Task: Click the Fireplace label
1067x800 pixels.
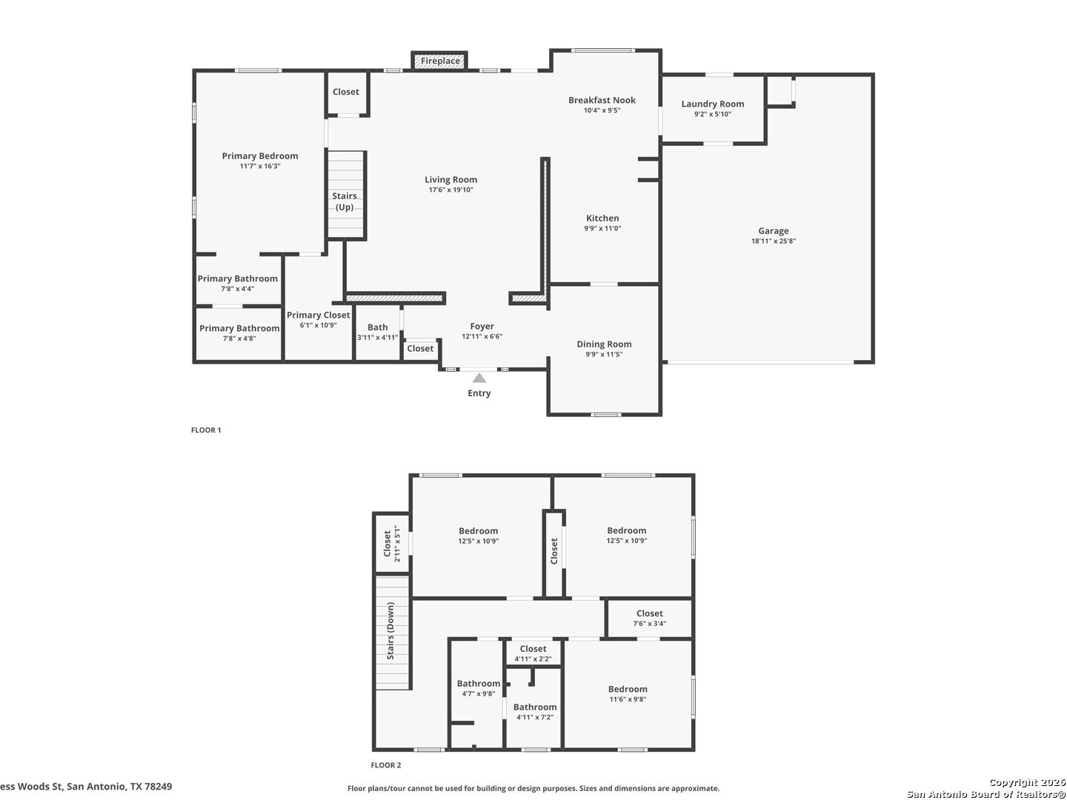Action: click(x=440, y=61)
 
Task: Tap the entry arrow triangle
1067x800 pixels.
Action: click(x=479, y=378)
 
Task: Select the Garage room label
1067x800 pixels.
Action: click(x=773, y=230)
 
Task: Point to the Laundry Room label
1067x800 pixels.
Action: click(x=712, y=104)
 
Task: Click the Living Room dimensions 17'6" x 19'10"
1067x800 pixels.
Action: click(x=451, y=190)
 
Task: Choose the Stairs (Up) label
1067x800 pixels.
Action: click(x=344, y=201)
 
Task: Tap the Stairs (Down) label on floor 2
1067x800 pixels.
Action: click(x=390, y=630)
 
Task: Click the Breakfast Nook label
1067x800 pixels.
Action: click(x=602, y=100)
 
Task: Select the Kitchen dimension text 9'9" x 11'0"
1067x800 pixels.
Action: click(x=602, y=228)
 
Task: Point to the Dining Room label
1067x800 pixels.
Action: click(x=604, y=344)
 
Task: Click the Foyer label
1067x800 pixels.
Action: click(x=482, y=326)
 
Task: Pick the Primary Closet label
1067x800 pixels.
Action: click(x=318, y=315)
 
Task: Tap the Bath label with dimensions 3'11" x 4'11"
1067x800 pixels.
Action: click(x=377, y=327)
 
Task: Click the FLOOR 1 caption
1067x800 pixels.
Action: click(x=206, y=430)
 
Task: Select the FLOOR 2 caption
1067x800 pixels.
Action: click(x=385, y=765)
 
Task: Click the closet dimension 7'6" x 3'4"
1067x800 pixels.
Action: click(x=649, y=623)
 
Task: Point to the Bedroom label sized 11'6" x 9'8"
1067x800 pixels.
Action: click(x=627, y=689)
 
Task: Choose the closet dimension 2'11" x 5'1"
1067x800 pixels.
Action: click(x=397, y=544)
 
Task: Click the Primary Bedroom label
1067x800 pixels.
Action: click(x=259, y=156)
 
